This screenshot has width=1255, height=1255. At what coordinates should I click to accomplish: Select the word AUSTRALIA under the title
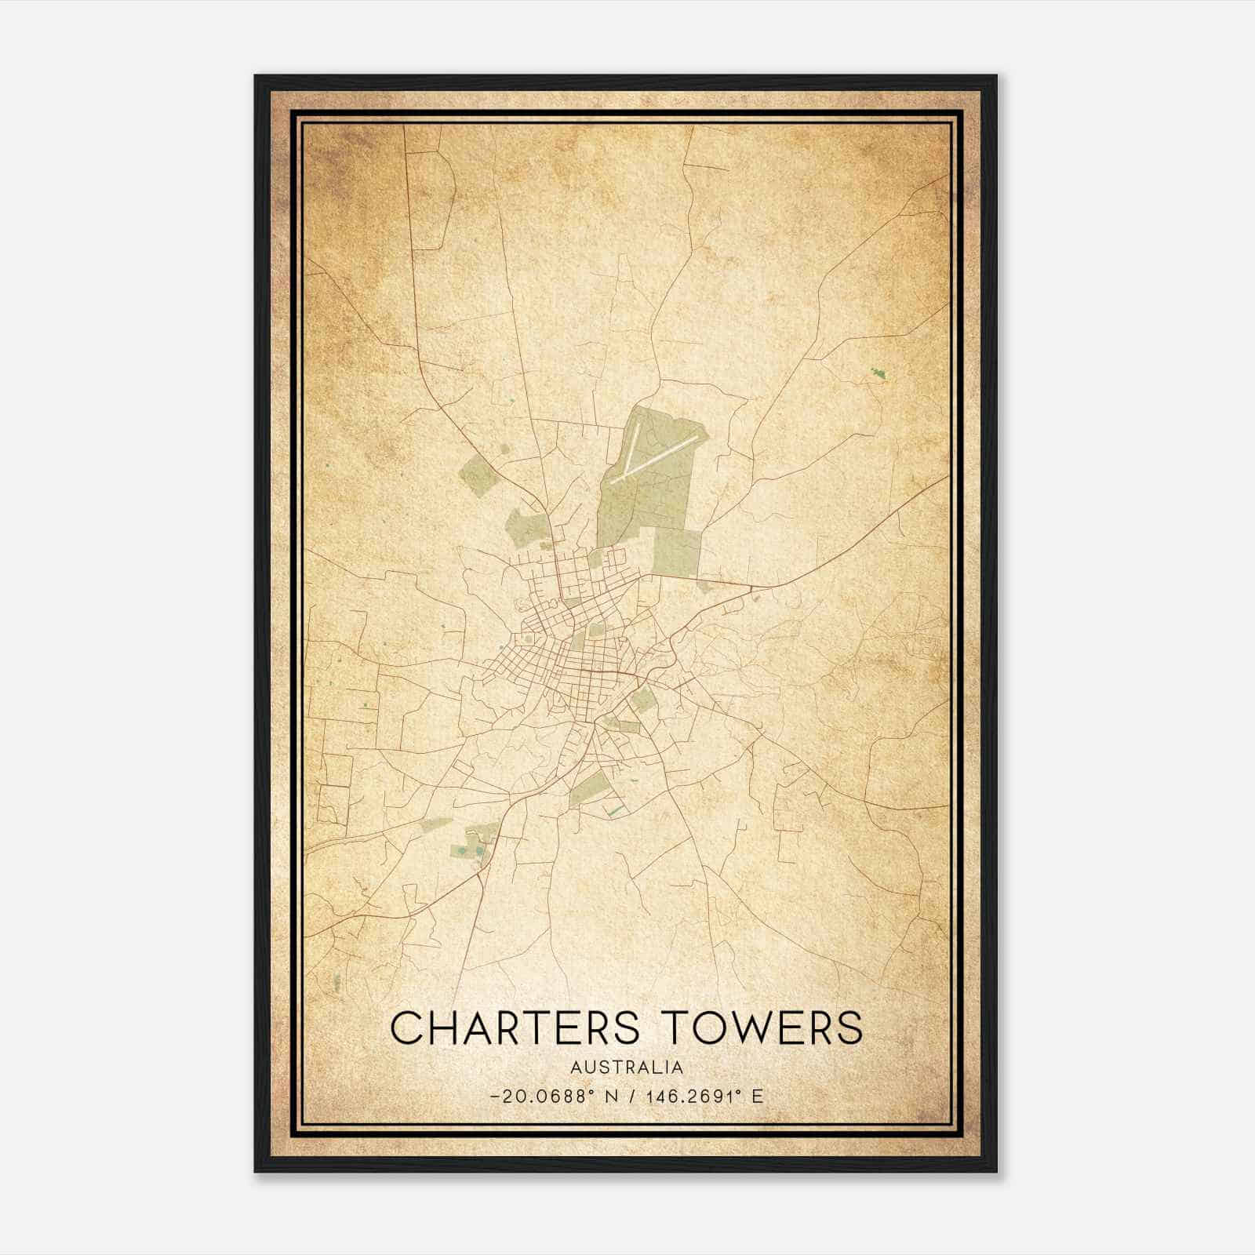pyautogui.click(x=627, y=1068)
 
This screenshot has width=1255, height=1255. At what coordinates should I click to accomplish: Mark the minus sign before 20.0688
pyautogui.click(x=494, y=1097)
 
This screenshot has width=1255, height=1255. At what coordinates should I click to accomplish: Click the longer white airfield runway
pyautogui.click(x=653, y=458)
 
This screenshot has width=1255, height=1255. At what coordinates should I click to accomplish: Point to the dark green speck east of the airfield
pyautogui.click(x=877, y=374)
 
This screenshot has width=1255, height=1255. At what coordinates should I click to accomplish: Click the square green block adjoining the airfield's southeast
pyautogui.click(x=676, y=552)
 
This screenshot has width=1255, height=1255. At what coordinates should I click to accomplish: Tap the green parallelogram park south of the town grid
pyautogui.click(x=590, y=788)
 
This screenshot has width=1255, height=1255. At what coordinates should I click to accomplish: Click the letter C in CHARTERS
pyautogui.click(x=407, y=1028)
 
